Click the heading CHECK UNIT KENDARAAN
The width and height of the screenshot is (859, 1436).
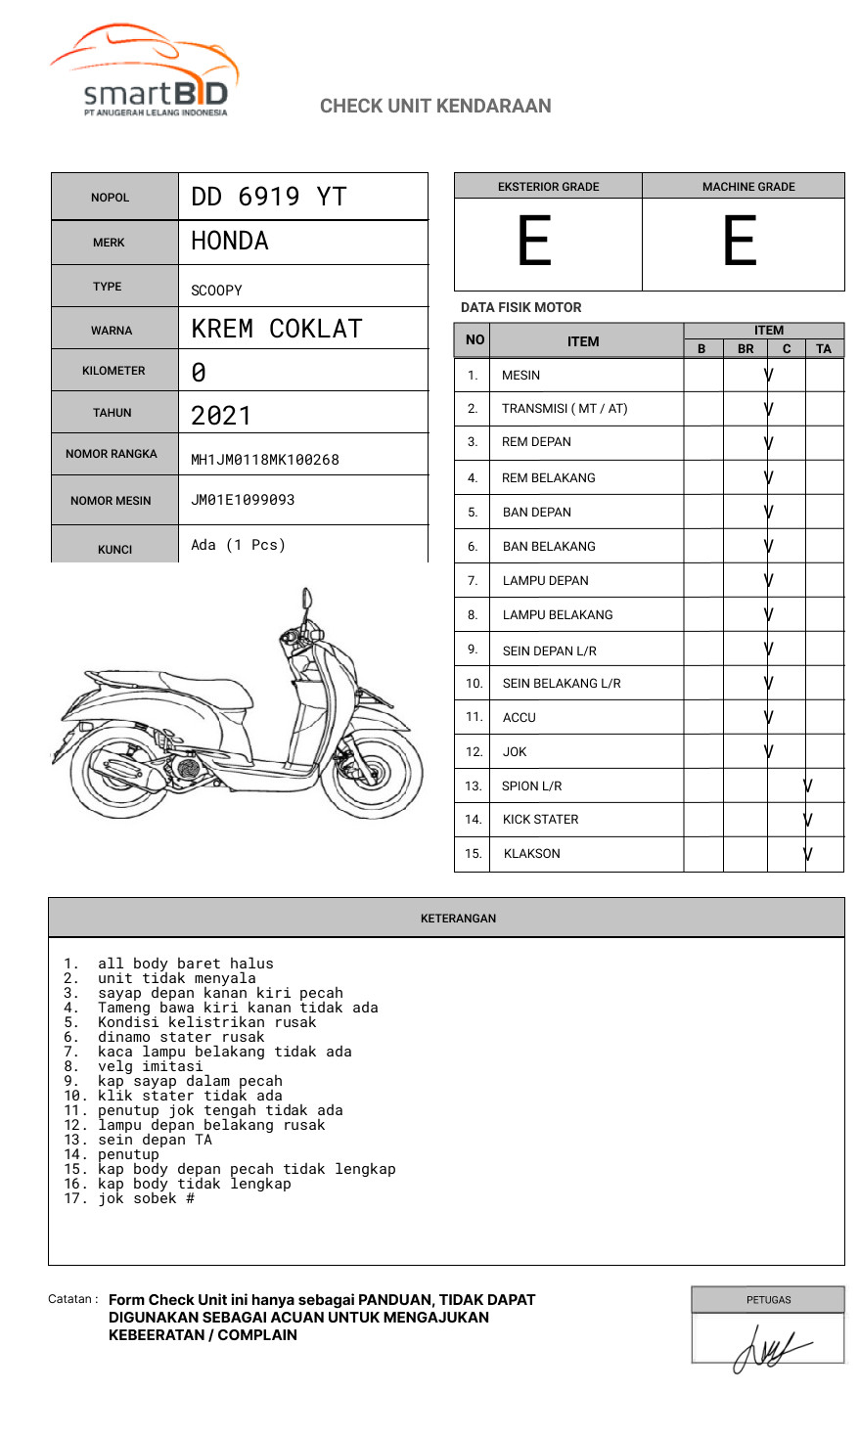(435, 106)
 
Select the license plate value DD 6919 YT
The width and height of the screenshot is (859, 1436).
(269, 197)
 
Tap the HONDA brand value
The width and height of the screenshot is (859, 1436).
(230, 241)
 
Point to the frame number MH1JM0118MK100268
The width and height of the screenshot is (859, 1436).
(265, 460)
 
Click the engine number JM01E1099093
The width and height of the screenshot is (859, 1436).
(243, 500)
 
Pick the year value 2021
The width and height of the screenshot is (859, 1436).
(221, 415)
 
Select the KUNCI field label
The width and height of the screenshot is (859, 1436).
(114, 550)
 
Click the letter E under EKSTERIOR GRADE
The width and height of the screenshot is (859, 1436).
(534, 242)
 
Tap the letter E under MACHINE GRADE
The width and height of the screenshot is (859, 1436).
(740, 242)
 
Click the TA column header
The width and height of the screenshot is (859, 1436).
(824, 348)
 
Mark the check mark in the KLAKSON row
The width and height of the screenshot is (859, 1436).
(808, 854)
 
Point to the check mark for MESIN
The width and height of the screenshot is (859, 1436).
(769, 375)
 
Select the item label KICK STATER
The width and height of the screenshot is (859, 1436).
(540, 820)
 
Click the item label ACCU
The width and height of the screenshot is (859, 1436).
(519, 717)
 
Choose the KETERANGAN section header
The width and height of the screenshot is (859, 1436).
(458, 919)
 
